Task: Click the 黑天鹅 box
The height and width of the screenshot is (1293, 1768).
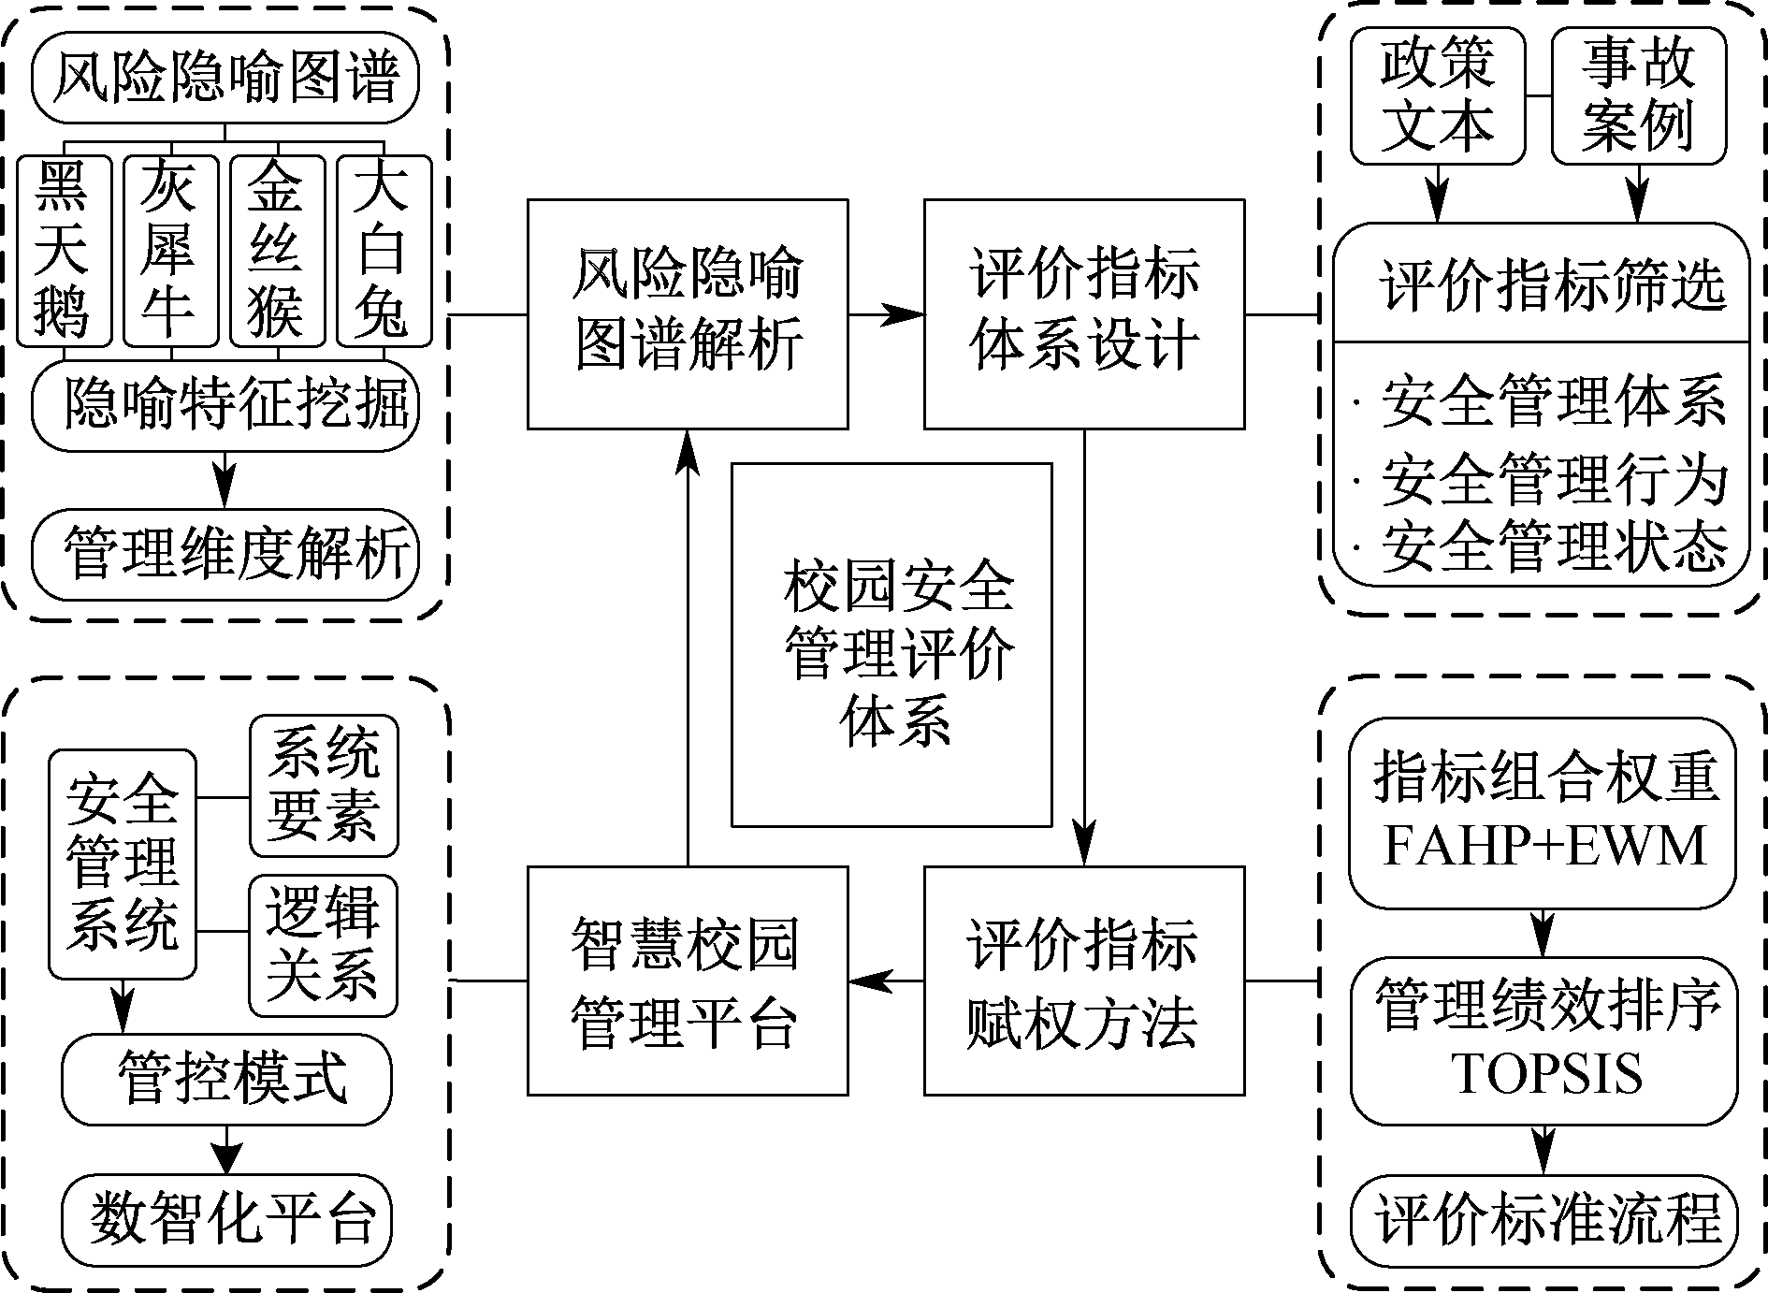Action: tap(64, 250)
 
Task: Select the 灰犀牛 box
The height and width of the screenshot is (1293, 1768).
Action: tap(170, 250)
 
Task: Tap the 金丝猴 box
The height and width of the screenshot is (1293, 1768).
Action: tap(277, 250)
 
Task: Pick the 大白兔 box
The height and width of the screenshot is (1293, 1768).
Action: tap(384, 250)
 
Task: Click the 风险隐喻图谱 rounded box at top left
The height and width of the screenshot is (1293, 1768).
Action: tap(225, 78)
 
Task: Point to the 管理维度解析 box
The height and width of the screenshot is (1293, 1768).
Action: tap(225, 554)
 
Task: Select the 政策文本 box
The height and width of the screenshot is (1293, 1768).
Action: tap(1437, 95)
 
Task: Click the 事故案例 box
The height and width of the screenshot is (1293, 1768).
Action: tap(1638, 95)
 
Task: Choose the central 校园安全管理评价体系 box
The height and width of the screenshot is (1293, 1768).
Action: tap(891, 645)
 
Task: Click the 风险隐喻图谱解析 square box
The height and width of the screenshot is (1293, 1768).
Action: tap(688, 314)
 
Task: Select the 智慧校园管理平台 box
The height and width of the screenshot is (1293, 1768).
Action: tap(688, 980)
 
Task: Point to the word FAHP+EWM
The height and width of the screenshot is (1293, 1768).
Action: tap(1543, 846)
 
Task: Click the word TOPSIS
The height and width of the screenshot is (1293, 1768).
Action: tap(1545, 1073)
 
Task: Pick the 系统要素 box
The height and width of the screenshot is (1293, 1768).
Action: tap(324, 786)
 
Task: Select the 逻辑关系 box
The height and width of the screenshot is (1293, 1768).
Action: tap(324, 945)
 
